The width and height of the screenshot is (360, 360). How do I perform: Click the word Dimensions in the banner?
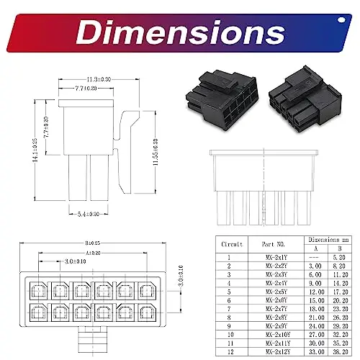point(180,31)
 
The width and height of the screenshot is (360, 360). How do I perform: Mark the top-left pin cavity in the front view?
point(38,289)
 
